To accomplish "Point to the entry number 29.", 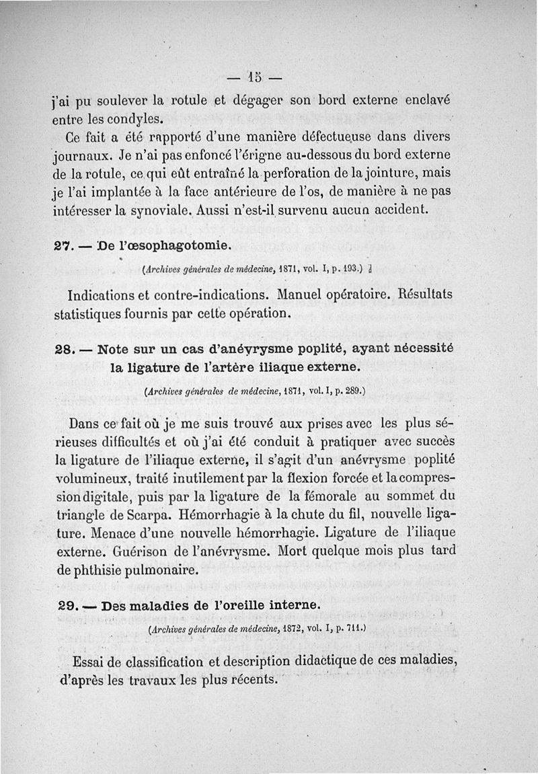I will point(67,605).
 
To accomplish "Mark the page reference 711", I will point(354,629).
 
